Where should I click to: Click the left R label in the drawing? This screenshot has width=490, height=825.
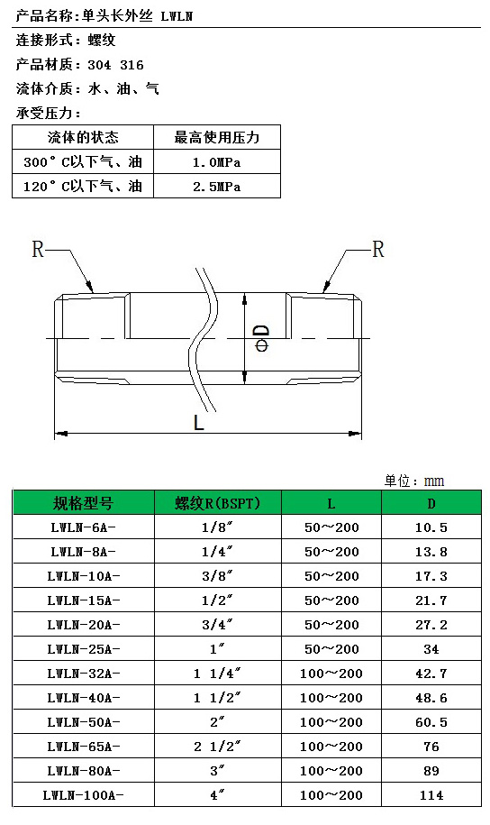(x=38, y=249)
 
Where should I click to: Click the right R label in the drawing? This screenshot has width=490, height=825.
(x=378, y=249)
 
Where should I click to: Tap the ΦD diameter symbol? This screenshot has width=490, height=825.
(x=262, y=338)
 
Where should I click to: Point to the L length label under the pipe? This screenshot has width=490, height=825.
(x=198, y=422)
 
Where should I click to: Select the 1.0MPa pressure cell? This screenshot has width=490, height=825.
(x=216, y=162)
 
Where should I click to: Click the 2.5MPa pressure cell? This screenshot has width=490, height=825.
(x=216, y=187)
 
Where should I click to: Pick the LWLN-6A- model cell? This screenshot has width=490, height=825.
(x=84, y=527)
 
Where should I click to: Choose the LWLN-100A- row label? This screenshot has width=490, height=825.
(x=84, y=795)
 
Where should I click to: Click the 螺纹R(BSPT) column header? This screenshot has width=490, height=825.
(x=218, y=503)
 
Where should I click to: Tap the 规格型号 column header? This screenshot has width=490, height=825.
(x=84, y=503)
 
